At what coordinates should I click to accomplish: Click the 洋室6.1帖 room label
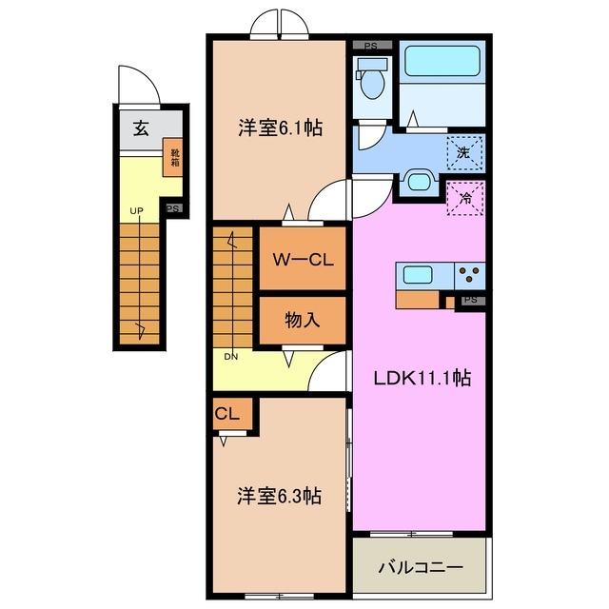coord(279,128)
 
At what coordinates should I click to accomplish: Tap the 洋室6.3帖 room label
coord(278,496)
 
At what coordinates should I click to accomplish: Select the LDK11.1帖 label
coord(421,378)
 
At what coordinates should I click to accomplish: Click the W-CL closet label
coord(302,260)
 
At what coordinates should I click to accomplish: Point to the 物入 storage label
coord(302,321)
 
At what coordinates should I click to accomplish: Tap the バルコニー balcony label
coord(421,567)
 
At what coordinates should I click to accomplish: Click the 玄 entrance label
coord(140,129)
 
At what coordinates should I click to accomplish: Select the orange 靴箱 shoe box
coord(175,157)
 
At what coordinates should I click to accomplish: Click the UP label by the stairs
coord(138,210)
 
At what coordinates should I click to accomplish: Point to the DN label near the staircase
coord(231,357)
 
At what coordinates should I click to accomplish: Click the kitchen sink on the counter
coord(419,275)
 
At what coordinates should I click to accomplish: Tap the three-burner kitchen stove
coord(469,275)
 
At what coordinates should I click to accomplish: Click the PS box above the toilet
coord(371,45)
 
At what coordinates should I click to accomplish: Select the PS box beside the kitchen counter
coord(470,300)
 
